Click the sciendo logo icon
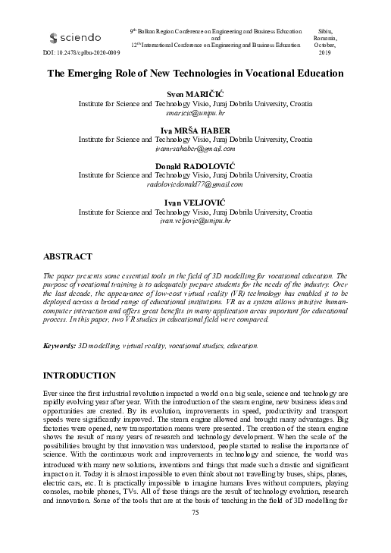coord(53,37)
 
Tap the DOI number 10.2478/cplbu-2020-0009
coord(87,54)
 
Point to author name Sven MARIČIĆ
coord(195,91)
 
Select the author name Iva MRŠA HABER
coord(195,130)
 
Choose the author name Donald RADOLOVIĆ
coord(195,166)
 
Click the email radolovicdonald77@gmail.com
coord(195,184)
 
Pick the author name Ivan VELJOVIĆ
coord(195,203)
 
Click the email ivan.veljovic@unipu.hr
coord(195,221)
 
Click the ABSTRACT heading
coord(67,257)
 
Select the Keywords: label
coord(59,345)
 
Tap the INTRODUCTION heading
coord(79,375)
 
